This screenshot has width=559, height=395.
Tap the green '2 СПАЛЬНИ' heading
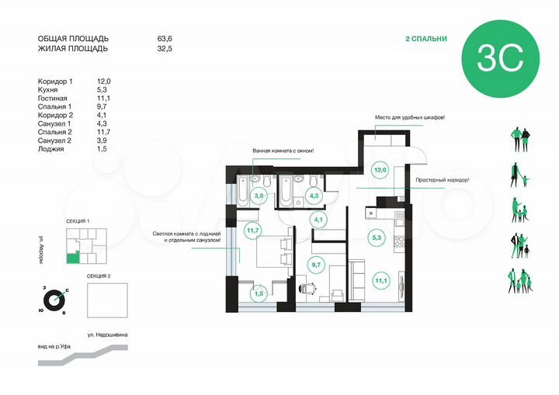pyautogui.click(x=425, y=39)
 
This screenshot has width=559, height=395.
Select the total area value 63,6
pyautogui.click(x=166, y=38)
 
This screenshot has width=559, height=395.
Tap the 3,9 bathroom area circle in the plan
pyautogui.click(x=259, y=196)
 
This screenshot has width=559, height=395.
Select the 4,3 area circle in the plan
pyautogui.click(x=314, y=196)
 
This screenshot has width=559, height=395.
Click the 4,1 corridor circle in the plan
pyautogui.click(x=318, y=220)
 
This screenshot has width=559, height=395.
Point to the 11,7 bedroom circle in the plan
pyautogui.click(x=253, y=230)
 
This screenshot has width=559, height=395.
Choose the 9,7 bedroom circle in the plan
pyautogui.click(x=316, y=265)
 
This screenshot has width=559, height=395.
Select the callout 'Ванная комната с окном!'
pyautogui.click(x=282, y=150)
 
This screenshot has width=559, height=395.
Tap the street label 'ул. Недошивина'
pyautogui.click(x=107, y=334)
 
